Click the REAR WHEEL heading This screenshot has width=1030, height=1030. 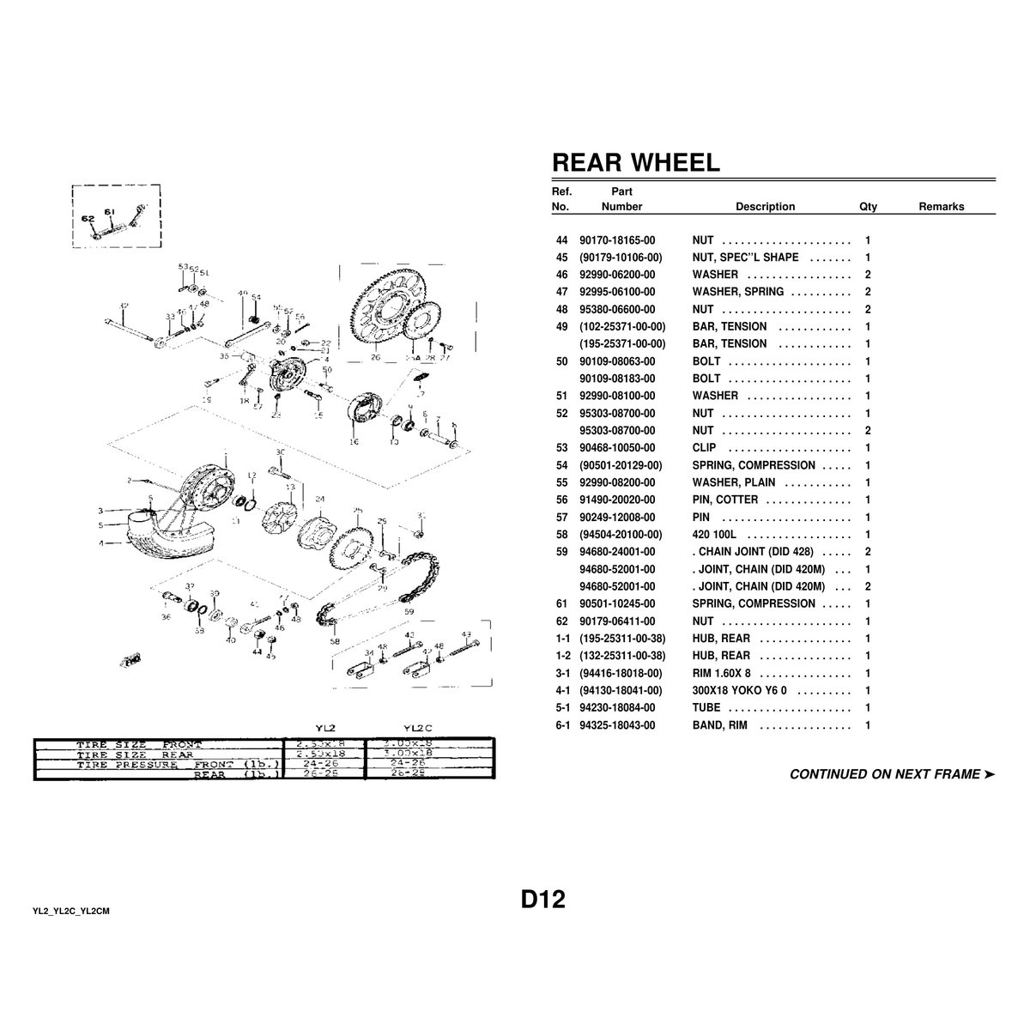click(x=635, y=163)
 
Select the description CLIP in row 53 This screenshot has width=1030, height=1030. click(x=704, y=448)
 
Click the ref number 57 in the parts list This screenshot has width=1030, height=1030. click(x=562, y=518)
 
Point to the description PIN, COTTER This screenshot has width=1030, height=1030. click(x=725, y=500)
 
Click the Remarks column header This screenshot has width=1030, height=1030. click(x=941, y=207)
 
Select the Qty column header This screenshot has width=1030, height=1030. click(x=868, y=207)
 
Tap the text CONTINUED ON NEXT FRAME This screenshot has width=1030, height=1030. click(x=884, y=774)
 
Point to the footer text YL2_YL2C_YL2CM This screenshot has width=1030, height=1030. click(x=71, y=911)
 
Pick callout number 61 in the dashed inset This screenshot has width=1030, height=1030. click(x=109, y=210)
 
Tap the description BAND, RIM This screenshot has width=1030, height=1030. click(x=719, y=725)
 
